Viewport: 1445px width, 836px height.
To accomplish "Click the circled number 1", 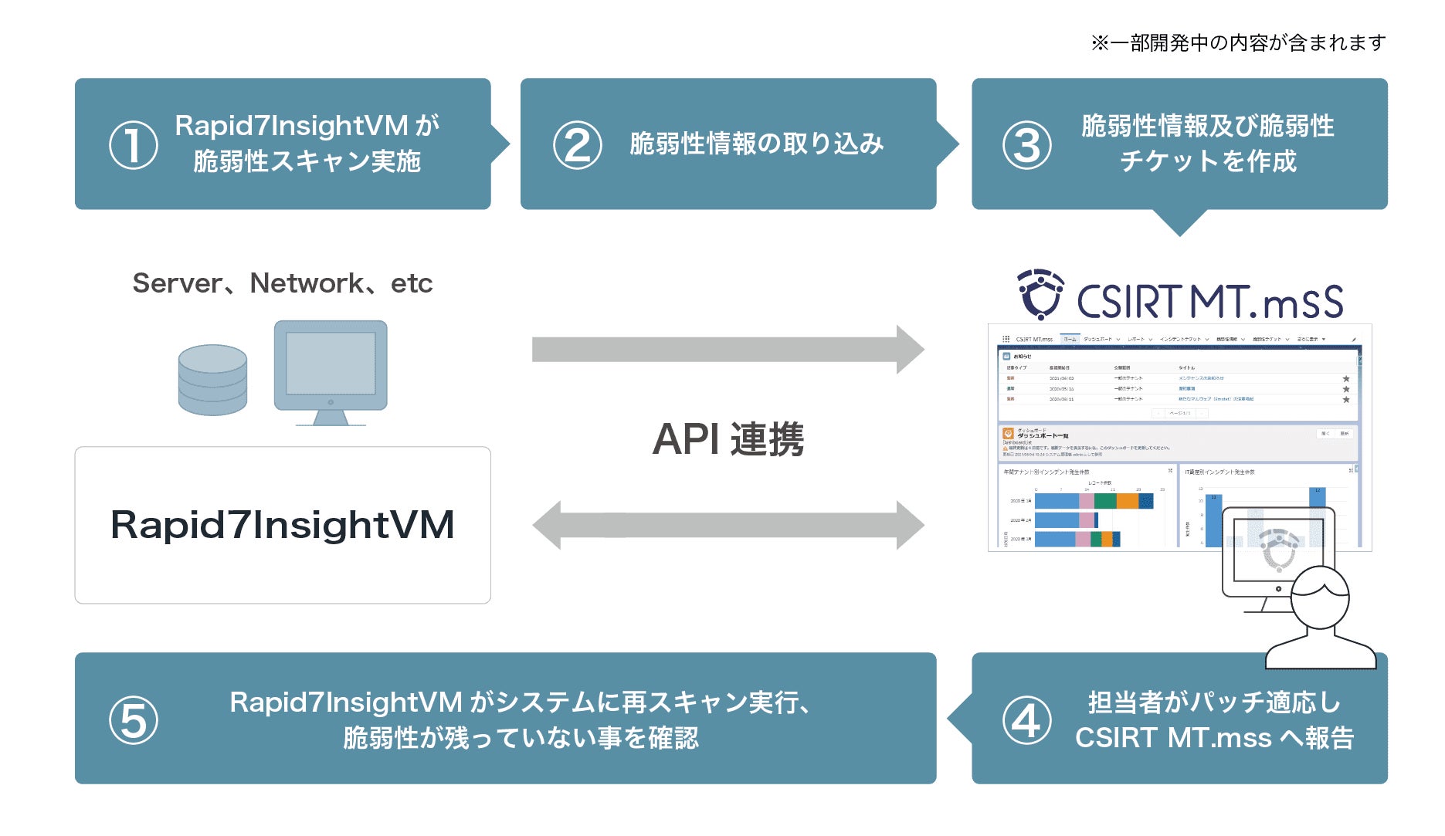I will pyautogui.click(x=134, y=145).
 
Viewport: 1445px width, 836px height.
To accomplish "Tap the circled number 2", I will pyautogui.click(x=578, y=145).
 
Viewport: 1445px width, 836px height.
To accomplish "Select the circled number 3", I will pyautogui.click(x=1026, y=145).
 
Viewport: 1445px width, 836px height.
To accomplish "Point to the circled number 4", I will pyautogui.click(x=1026, y=720).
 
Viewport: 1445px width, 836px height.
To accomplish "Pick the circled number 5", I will pyautogui.click(x=134, y=720).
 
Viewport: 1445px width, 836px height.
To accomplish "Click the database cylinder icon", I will pyautogui.click(x=212, y=380).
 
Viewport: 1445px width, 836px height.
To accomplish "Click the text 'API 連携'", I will pyautogui.click(x=728, y=439).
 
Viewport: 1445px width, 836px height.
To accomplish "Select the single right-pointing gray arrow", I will pyautogui.click(x=728, y=350).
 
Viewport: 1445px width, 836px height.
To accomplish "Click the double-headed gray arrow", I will pyautogui.click(x=728, y=525).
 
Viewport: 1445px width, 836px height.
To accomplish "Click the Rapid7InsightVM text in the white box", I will pyautogui.click(x=283, y=525).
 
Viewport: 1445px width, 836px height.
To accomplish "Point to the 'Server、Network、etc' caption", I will pyautogui.click(x=283, y=283).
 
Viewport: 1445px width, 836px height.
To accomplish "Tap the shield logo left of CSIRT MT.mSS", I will pyautogui.click(x=1040, y=294).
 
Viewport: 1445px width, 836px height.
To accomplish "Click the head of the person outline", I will pyautogui.click(x=1320, y=598).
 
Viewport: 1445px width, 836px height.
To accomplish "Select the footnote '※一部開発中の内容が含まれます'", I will pyautogui.click(x=1238, y=43).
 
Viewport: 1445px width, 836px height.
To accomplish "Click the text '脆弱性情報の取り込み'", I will pyautogui.click(x=756, y=144).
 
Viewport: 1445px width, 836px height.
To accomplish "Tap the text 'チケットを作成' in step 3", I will pyautogui.click(x=1208, y=161).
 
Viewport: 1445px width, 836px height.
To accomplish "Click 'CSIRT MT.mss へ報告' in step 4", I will pyautogui.click(x=1214, y=738).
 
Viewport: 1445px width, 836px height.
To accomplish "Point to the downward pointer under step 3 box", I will pyautogui.click(x=1179, y=223).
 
